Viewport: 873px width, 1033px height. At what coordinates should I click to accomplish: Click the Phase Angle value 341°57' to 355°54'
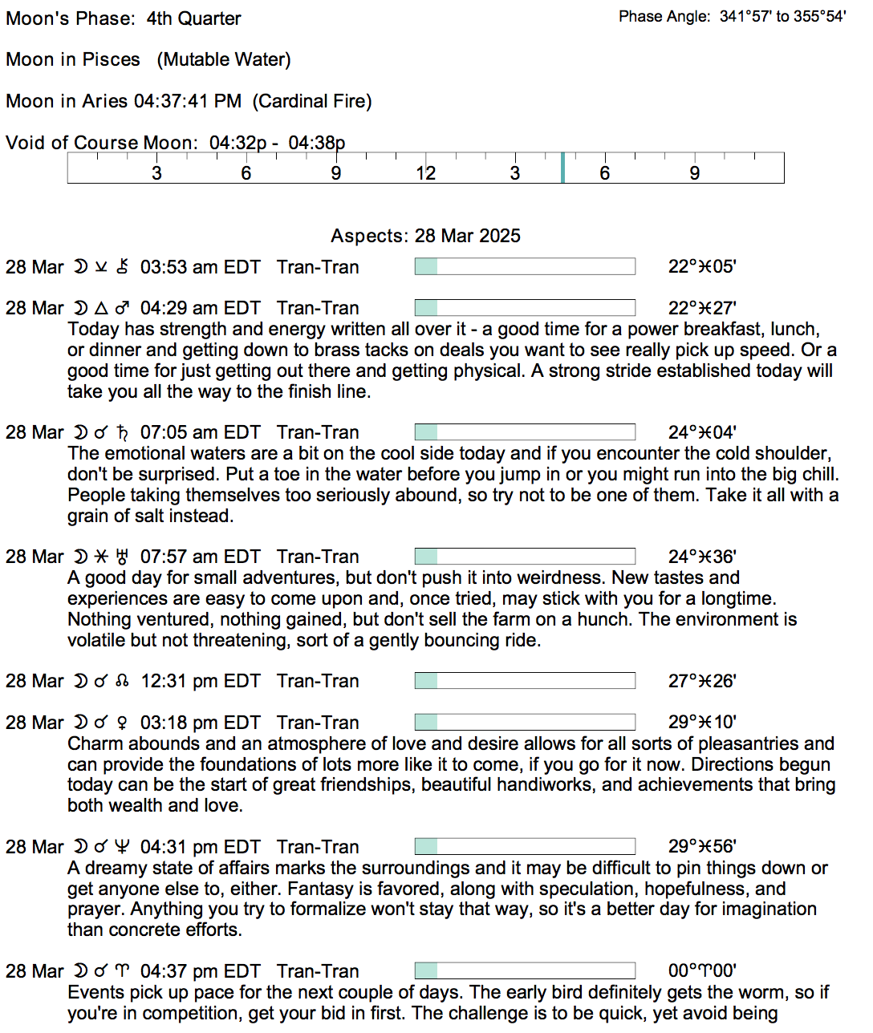782,17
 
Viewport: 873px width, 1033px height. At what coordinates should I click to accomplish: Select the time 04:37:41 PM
188,101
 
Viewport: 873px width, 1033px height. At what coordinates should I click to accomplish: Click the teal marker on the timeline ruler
563,168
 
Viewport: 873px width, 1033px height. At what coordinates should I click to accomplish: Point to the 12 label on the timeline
425,173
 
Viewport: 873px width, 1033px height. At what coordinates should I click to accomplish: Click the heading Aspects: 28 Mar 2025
425,236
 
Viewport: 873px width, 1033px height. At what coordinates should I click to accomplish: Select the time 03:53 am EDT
200,267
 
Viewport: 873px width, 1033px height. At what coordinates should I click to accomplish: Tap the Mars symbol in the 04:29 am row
122,308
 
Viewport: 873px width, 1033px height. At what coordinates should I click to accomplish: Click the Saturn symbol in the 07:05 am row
122,432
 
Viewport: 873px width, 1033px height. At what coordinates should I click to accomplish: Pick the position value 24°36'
702,557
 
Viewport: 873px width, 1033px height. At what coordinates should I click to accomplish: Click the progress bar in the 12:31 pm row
525,681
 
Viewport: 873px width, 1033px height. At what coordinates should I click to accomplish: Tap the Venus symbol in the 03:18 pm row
122,723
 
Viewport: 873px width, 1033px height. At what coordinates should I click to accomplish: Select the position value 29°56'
702,847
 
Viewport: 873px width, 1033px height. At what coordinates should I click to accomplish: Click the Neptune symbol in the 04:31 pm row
122,847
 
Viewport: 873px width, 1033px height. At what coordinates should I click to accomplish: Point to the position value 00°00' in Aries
702,971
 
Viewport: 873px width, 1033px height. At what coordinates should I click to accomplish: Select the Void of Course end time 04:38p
316,143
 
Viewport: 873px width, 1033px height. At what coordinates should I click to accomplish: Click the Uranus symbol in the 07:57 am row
122,557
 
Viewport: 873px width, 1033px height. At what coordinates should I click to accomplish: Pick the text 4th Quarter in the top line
193,18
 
